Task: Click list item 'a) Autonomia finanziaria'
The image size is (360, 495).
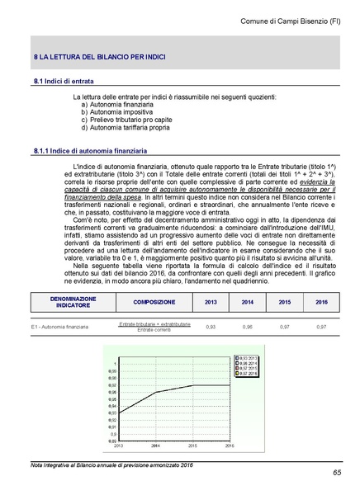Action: click(x=117, y=106)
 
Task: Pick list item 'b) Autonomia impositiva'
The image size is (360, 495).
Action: click(x=116, y=113)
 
